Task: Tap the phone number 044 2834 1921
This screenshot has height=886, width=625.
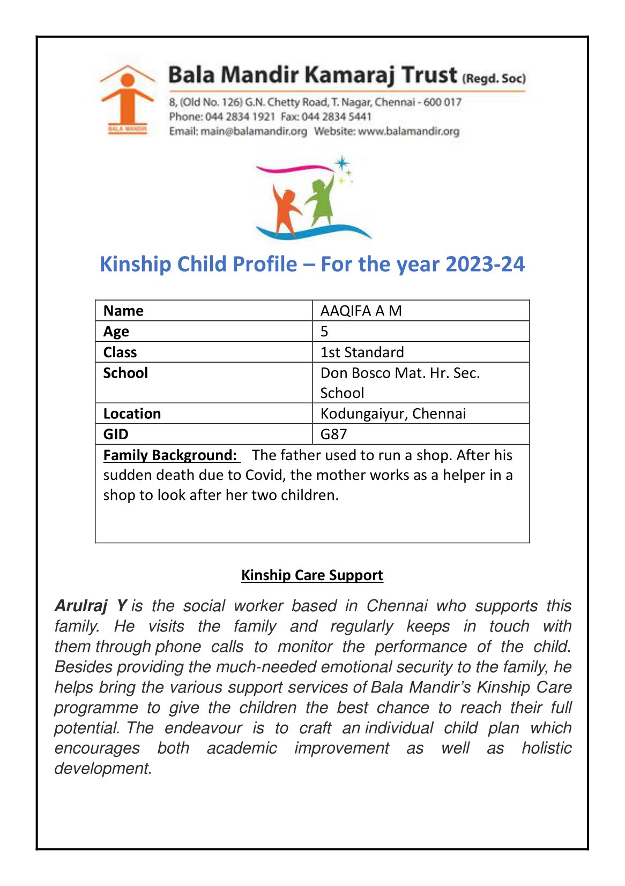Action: pos(240,117)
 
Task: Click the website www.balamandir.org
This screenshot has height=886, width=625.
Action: pos(408,131)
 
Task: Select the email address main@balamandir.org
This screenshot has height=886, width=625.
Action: pos(254,131)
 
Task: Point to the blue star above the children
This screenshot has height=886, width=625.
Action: pos(341,163)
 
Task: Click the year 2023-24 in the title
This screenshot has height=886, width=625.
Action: pos(485,264)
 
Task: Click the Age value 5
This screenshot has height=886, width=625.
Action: pos(324,332)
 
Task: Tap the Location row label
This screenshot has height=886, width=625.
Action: pos(132,414)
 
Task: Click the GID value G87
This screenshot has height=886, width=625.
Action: pos(333,434)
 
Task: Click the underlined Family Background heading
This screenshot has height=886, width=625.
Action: pos(170,455)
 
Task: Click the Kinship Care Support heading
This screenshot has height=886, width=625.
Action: pos(312,575)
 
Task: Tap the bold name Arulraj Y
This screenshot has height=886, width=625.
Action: pos(91,606)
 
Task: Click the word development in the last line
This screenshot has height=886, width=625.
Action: pos(103,768)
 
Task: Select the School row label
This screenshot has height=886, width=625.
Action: pos(125,373)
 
